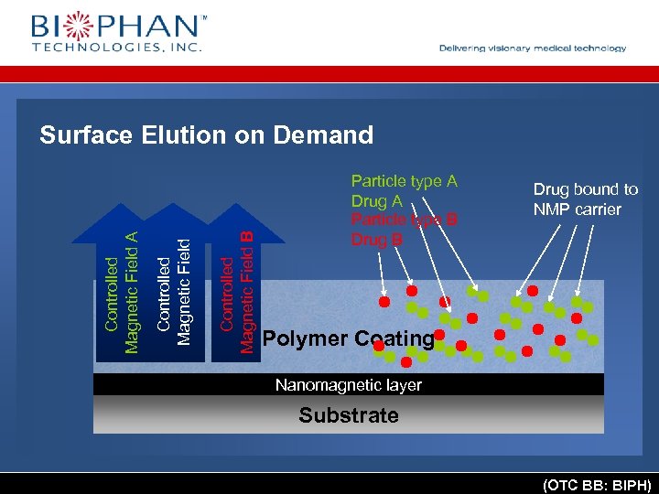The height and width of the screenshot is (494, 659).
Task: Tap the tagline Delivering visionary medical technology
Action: coord(533,48)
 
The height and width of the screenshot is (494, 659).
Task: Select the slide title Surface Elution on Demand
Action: coord(207,136)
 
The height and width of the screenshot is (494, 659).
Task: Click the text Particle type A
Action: coord(404,181)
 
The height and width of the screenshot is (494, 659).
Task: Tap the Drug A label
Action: coord(376,200)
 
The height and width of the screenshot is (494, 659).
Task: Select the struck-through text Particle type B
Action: coord(404,220)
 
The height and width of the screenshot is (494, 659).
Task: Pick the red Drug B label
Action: coord(376,240)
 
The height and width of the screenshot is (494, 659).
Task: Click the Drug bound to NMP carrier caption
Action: coord(586,199)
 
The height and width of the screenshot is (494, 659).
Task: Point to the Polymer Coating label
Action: coord(348,338)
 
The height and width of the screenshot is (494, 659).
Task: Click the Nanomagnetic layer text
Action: coord(349,385)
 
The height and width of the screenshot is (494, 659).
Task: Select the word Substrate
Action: coord(349,415)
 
